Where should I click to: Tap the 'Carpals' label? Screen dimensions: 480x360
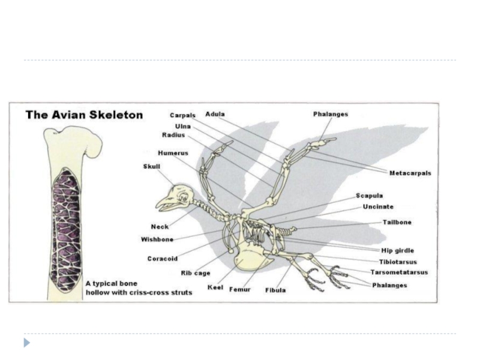tap(182, 116)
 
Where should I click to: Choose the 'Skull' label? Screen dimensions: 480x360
tap(152, 166)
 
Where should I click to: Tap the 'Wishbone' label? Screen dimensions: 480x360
tap(157, 239)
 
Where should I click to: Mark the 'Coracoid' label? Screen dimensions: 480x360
tap(162, 259)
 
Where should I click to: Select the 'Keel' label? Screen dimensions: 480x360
tap(215, 288)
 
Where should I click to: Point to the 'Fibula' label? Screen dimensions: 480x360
tap(275, 290)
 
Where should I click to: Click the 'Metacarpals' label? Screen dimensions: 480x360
tap(410, 173)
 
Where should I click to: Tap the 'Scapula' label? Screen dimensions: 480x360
tap(369, 196)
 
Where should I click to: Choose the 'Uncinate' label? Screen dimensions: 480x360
tap(378, 207)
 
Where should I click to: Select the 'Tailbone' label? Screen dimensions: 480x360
tap(397, 223)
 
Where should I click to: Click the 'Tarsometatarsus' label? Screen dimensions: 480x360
tap(399, 272)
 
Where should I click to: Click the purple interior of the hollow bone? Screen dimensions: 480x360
tap(66, 228)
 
